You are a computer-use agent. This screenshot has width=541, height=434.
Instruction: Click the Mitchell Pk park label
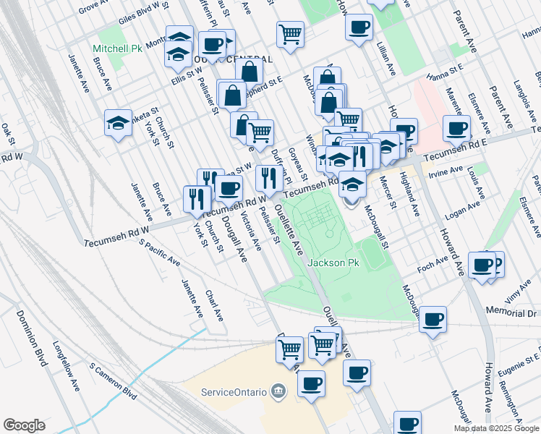117,48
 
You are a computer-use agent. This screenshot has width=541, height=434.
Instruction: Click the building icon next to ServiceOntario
278,392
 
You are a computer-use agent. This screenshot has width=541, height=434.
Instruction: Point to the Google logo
24,425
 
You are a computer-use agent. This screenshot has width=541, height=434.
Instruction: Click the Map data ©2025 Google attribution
497,428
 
